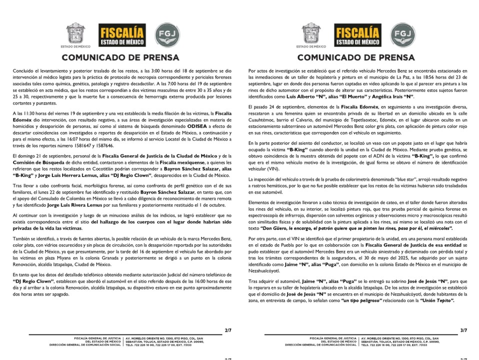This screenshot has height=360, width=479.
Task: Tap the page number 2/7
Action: click(x=228, y=330)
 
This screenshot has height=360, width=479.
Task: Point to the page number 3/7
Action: click(x=463, y=330)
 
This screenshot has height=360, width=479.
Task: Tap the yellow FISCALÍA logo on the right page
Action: click(x=357, y=36)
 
